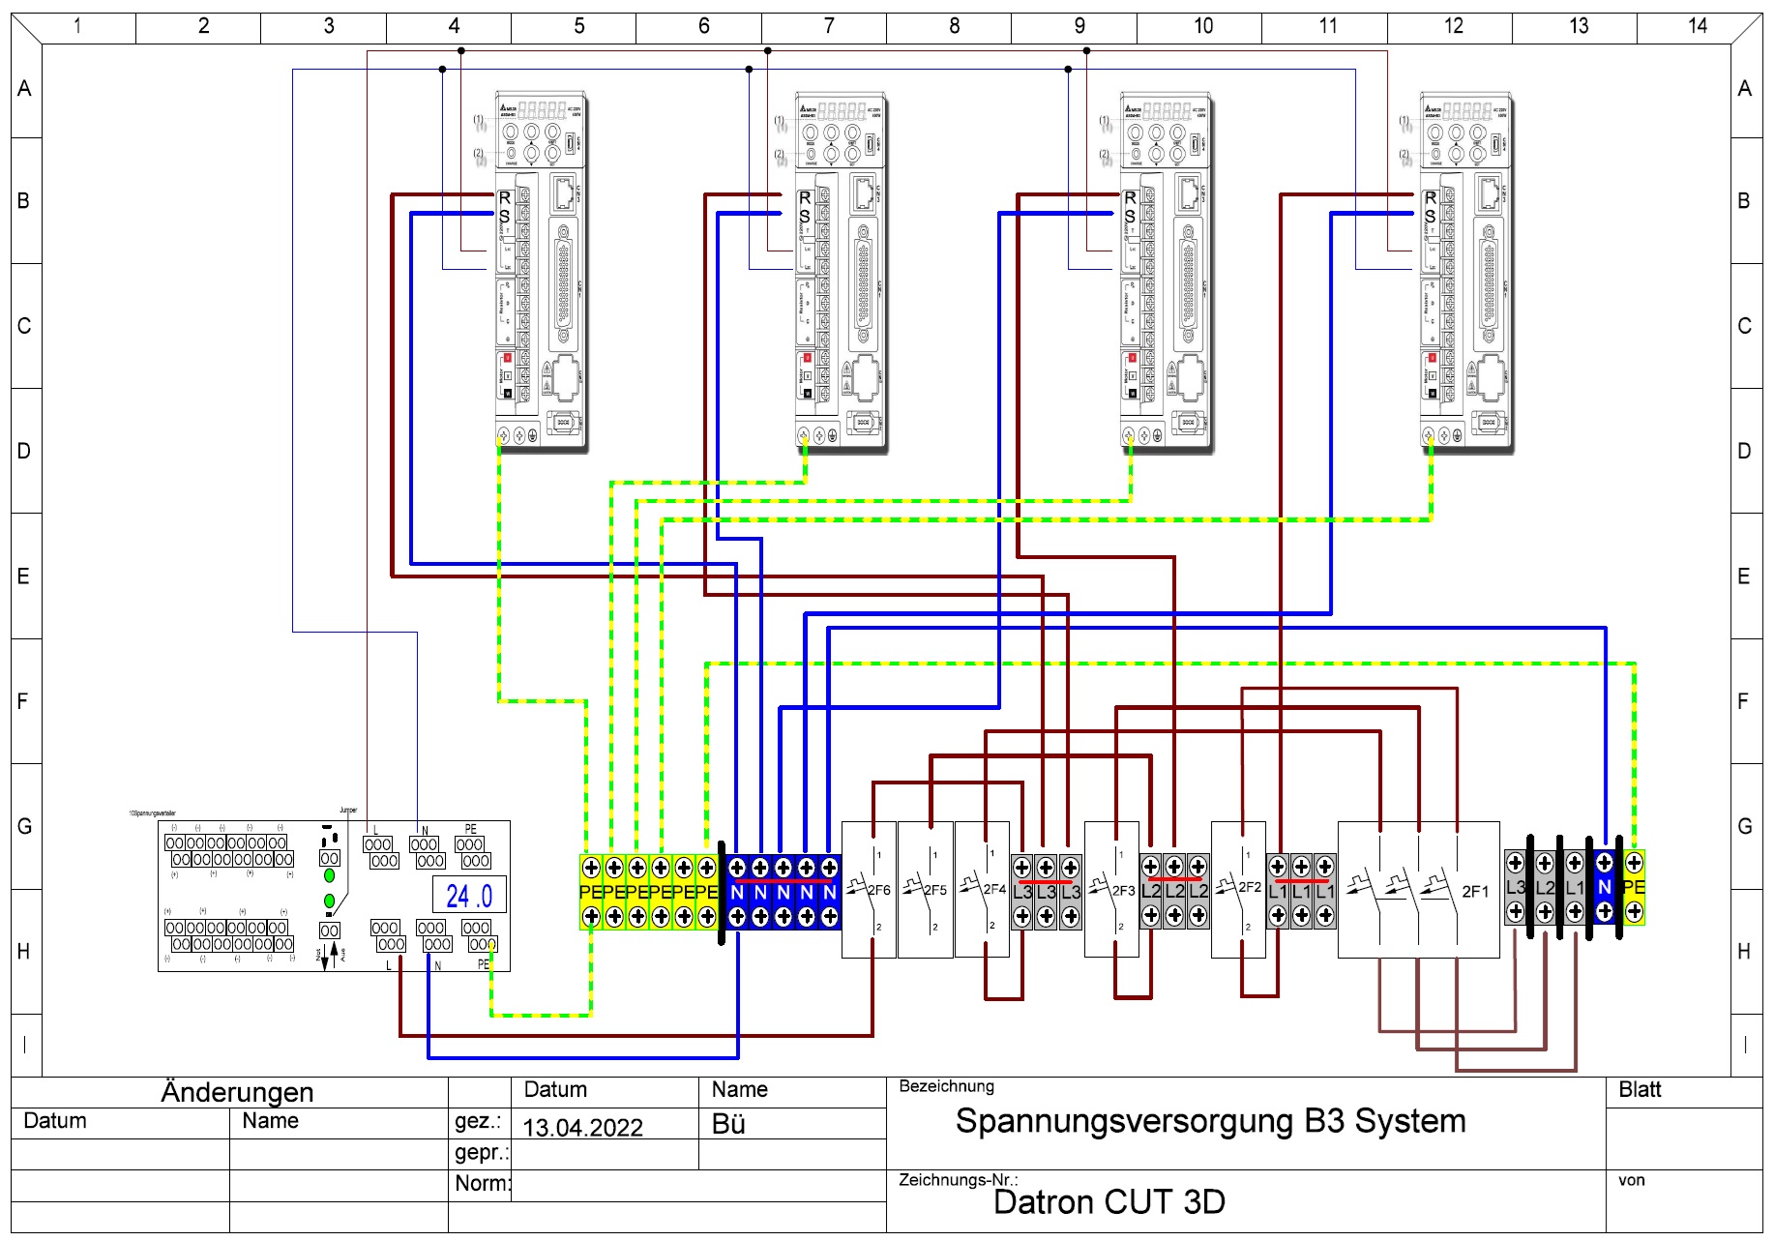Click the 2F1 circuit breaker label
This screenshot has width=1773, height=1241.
click(x=1475, y=891)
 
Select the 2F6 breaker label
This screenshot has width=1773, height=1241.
click(x=878, y=890)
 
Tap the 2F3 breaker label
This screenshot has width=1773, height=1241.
click(x=1123, y=890)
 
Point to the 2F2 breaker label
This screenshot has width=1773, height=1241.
click(x=1250, y=887)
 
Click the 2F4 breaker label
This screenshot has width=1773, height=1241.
click(x=994, y=889)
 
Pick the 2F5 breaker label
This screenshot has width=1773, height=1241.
click(x=935, y=890)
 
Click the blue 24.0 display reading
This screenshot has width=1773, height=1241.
click(x=469, y=896)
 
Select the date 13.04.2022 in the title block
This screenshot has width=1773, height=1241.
click(x=582, y=1128)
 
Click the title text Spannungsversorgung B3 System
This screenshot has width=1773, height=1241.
click(x=1210, y=1121)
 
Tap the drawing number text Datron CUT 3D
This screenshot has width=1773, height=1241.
click(x=1108, y=1202)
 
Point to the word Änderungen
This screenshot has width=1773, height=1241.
click(x=237, y=1092)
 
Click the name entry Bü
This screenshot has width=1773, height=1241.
click(x=728, y=1124)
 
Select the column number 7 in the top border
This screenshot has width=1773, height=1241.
click(x=829, y=26)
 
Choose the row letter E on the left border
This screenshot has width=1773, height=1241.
click(x=24, y=576)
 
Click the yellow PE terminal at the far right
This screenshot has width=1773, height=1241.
click(x=1634, y=887)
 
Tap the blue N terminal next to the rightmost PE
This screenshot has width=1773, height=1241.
click(x=1605, y=887)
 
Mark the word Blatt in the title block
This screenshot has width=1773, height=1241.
click(x=1640, y=1090)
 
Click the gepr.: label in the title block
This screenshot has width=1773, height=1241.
click(x=481, y=1153)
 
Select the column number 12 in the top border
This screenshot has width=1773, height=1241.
click(x=1454, y=26)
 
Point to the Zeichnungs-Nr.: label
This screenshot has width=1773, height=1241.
click(x=958, y=1180)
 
